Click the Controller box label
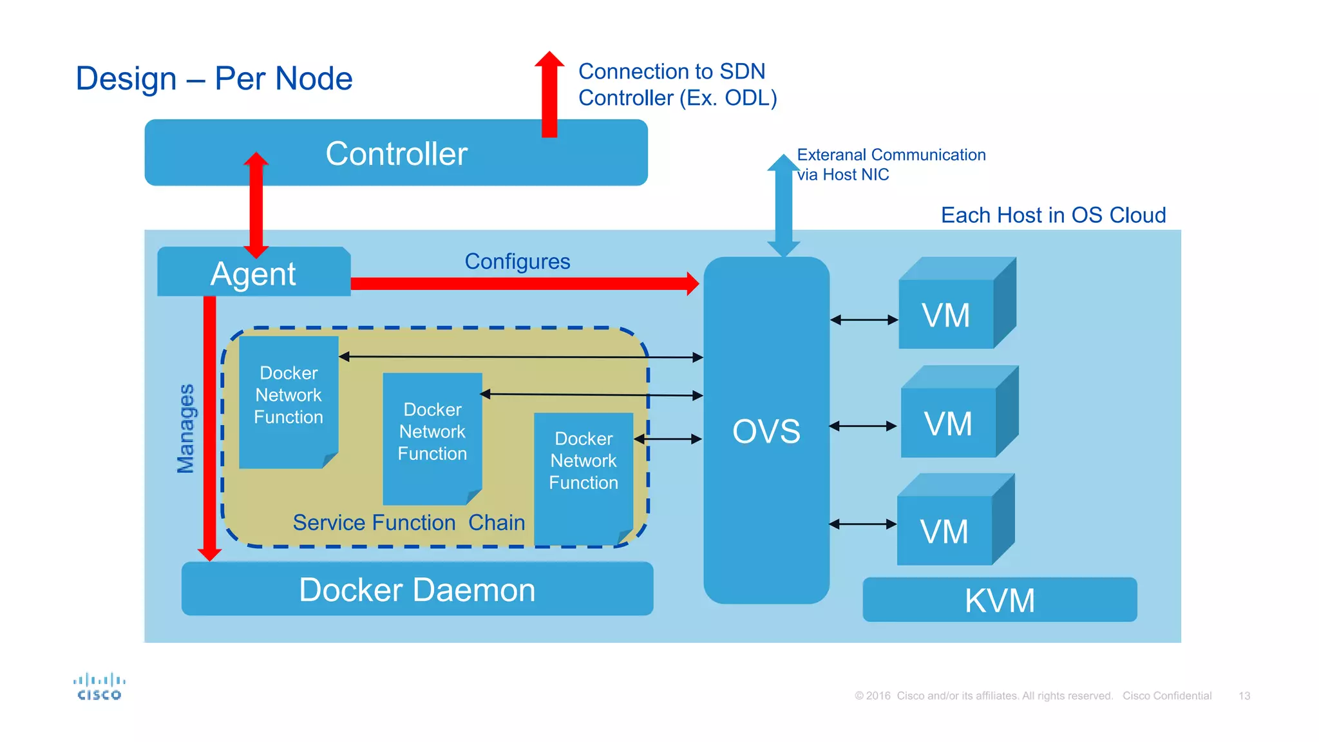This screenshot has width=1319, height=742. pyautogui.click(x=396, y=154)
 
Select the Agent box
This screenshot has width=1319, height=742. pyautogui.click(x=253, y=273)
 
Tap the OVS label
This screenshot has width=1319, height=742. pyautogui.click(x=766, y=431)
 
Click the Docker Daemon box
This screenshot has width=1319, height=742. pyautogui.click(x=417, y=589)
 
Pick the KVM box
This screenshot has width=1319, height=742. pyautogui.click(x=999, y=600)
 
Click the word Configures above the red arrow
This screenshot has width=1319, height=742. pyautogui.click(x=517, y=262)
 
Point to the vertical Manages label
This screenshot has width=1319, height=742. pyautogui.click(x=185, y=428)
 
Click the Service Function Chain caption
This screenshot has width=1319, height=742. pyautogui.click(x=408, y=522)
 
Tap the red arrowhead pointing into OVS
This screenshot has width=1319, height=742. pyautogui.click(x=692, y=283)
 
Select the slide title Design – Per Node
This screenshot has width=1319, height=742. pyautogui.click(x=214, y=79)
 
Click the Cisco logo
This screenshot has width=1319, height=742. pyautogui.click(x=99, y=687)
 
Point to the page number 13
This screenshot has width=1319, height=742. pyautogui.click(x=1244, y=696)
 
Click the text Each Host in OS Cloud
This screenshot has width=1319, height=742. pyautogui.click(x=1053, y=215)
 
